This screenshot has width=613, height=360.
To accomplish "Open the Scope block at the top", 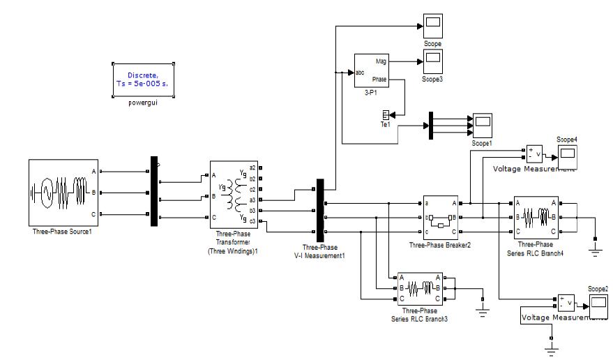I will [x=432, y=27].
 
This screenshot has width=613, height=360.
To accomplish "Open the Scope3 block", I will [x=432, y=62].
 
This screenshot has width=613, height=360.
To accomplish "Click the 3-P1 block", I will [x=371, y=70].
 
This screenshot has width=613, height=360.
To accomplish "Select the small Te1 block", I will [x=384, y=115].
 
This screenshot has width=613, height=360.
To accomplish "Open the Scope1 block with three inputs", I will [x=482, y=124].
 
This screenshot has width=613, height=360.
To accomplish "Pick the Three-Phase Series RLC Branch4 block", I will [x=536, y=217].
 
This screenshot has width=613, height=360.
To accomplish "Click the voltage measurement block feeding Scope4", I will [x=533, y=154].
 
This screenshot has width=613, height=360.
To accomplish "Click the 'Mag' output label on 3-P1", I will [x=381, y=61].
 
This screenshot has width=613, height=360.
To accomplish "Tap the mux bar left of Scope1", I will [x=431, y=125].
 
